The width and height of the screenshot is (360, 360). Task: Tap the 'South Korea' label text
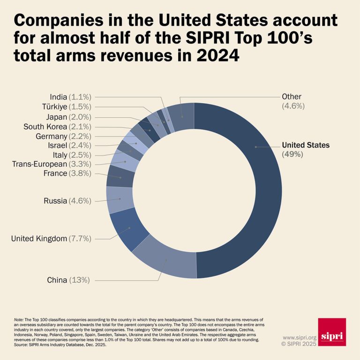45,127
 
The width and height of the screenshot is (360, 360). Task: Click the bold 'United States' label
305,145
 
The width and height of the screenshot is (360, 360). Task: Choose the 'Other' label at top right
291,96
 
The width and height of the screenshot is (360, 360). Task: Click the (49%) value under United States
292,154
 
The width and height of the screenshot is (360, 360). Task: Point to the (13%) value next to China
79,280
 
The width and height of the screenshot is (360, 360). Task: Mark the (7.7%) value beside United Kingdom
80,239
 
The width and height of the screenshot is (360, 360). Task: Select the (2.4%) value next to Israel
80,145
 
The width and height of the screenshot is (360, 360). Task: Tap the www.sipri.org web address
299,337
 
